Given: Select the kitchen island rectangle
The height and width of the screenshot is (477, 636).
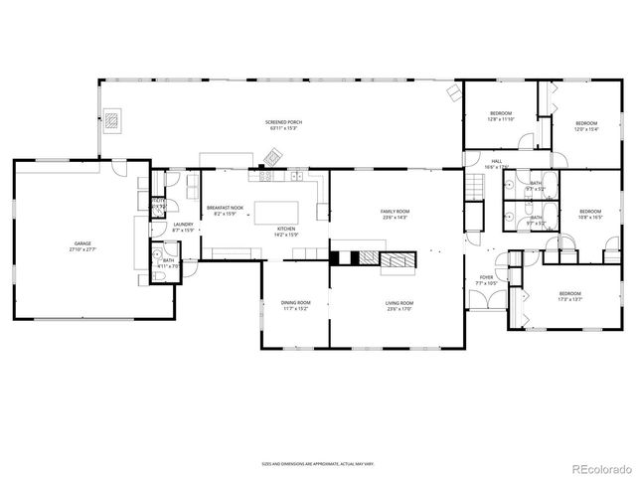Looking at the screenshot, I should [x=283, y=213].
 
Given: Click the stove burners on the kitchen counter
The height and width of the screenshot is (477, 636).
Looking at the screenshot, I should [x=266, y=177].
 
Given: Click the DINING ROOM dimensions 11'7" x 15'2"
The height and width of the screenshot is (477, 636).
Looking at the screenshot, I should [x=296, y=309].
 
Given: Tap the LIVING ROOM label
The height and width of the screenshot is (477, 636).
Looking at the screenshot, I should [x=398, y=303].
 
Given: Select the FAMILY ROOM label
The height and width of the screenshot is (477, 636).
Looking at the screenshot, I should [x=395, y=212].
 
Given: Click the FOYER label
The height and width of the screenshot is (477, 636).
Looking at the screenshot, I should [x=486, y=278].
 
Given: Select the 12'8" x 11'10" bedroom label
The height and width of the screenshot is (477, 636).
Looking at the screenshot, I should [x=500, y=116].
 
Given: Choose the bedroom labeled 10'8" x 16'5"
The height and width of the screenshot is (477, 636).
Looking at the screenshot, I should [x=590, y=213].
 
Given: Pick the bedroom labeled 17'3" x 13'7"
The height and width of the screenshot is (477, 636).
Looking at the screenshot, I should [x=569, y=295].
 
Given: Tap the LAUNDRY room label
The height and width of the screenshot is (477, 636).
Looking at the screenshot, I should [x=183, y=227].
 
